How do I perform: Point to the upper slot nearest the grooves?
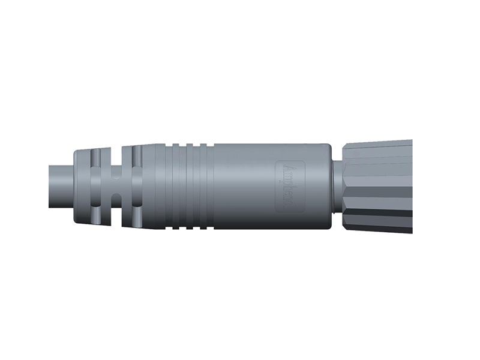pos(136,157)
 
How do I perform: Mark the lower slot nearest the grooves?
pos(136,216)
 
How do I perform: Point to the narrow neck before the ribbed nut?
pos(336,186)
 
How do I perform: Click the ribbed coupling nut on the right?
pos(378,186)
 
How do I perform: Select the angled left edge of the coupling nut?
pos(346,186)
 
